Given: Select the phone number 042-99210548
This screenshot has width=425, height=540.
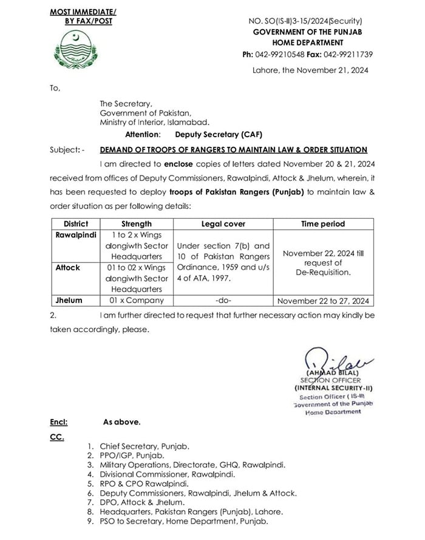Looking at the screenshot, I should (279, 54).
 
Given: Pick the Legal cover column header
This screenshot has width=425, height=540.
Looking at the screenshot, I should (223, 224).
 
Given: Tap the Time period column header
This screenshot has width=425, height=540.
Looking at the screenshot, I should (322, 224).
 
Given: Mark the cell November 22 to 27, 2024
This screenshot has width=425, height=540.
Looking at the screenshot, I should (322, 300).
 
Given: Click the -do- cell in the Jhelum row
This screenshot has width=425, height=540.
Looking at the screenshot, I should (223, 300).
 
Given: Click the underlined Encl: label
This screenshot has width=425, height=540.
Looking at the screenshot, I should (58, 420).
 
